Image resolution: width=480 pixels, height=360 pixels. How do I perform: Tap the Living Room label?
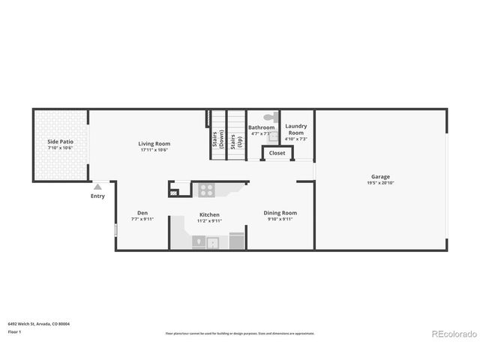click(x=154, y=143)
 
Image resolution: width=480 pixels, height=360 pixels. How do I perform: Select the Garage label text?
click(x=380, y=177)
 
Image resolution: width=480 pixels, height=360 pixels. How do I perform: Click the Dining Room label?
click(x=280, y=213)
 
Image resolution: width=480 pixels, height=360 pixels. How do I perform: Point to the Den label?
click(x=142, y=213)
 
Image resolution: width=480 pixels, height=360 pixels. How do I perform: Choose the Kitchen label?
click(x=209, y=215)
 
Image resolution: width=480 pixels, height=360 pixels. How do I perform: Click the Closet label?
click(x=277, y=153)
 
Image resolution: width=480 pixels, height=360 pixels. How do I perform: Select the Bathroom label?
click(x=261, y=127)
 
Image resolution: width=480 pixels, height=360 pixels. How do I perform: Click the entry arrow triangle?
click(x=97, y=187)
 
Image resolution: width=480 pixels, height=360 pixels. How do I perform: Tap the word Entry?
click(x=97, y=196)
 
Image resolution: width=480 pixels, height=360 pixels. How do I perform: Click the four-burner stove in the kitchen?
click(x=207, y=190)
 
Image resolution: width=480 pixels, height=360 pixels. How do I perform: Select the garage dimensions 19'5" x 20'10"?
click(x=380, y=184)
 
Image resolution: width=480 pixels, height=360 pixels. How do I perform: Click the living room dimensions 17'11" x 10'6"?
click(x=154, y=150)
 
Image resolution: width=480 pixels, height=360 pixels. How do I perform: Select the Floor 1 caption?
click(x=14, y=331)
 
